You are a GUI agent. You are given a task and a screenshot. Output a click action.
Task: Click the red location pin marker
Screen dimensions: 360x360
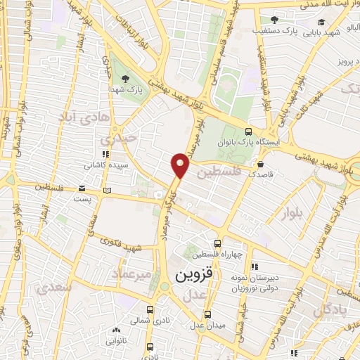[x=181, y=165]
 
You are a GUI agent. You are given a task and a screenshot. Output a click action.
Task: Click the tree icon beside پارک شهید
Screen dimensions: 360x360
[x=125, y=78]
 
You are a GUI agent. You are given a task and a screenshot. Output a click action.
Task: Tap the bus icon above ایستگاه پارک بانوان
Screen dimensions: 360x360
[x=247, y=131]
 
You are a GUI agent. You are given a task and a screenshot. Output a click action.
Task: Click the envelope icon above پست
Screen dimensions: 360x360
[x=83, y=188]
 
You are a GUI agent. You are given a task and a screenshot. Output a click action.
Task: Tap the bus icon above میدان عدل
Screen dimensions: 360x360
[x=207, y=314]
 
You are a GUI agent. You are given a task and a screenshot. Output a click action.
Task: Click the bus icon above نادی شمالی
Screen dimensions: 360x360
[x=150, y=309]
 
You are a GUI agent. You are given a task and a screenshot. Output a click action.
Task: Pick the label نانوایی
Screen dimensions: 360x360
[x=115, y=341]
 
